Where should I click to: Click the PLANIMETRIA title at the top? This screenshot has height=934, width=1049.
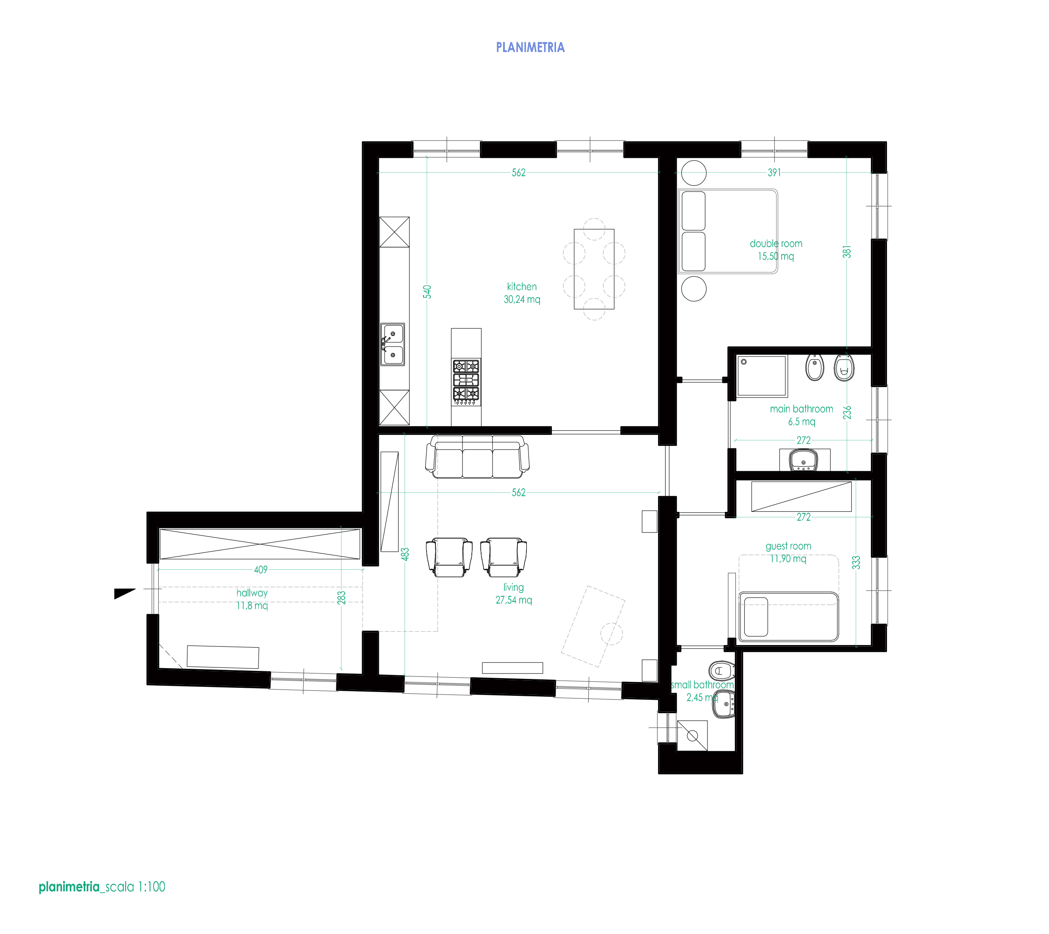click(530, 48)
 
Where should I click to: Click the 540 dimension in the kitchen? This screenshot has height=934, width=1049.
click(427, 291)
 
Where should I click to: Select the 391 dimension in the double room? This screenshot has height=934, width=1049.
click(774, 173)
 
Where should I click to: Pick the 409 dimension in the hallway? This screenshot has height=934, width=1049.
click(260, 570)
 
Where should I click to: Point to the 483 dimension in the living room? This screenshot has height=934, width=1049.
click(405, 554)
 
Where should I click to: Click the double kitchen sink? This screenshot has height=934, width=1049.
click(393, 344)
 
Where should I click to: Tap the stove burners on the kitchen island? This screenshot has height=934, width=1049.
click(466, 380)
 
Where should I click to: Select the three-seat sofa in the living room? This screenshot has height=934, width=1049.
click(477, 457)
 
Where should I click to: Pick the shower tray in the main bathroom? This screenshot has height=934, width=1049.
click(762, 376)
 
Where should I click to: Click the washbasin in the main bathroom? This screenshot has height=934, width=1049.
click(804, 460)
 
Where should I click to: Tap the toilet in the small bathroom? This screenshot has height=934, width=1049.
click(721, 670)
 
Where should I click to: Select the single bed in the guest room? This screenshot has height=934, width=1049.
click(788, 617)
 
